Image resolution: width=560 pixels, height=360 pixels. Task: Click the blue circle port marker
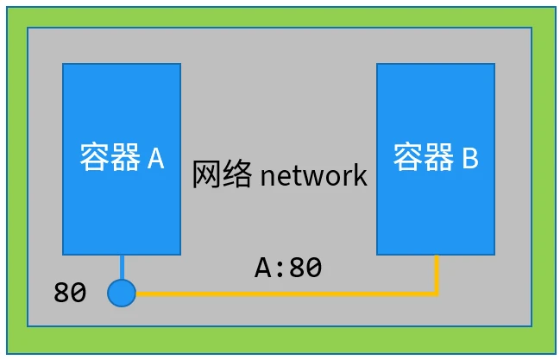pos(122,293)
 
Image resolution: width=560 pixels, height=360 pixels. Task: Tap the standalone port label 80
pos(70,294)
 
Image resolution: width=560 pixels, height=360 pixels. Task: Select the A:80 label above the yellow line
pos(288,268)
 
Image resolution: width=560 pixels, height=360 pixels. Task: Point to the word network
pos(313,176)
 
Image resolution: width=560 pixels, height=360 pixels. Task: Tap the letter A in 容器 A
pos(155,158)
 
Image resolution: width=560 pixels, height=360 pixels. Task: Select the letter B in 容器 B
pos(469,158)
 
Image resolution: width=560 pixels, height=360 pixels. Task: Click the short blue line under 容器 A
pos(122,267)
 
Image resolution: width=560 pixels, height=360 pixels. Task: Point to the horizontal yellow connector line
pos(285,294)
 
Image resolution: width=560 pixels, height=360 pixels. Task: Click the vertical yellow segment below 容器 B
pos(437,275)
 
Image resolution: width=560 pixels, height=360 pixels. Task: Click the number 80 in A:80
pos(305,268)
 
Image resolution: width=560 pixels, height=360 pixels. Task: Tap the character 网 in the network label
pos(206,176)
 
